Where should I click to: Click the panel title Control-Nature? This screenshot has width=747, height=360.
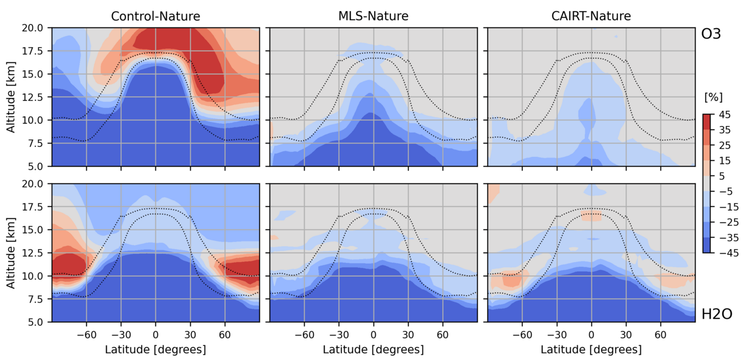155,16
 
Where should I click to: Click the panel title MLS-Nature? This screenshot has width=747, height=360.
373,16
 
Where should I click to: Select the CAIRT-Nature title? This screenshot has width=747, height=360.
591,16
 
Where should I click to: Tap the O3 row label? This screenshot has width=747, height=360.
711,34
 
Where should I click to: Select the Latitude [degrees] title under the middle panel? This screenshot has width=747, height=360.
373,349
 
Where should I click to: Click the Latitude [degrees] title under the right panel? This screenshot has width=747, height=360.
591,349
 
